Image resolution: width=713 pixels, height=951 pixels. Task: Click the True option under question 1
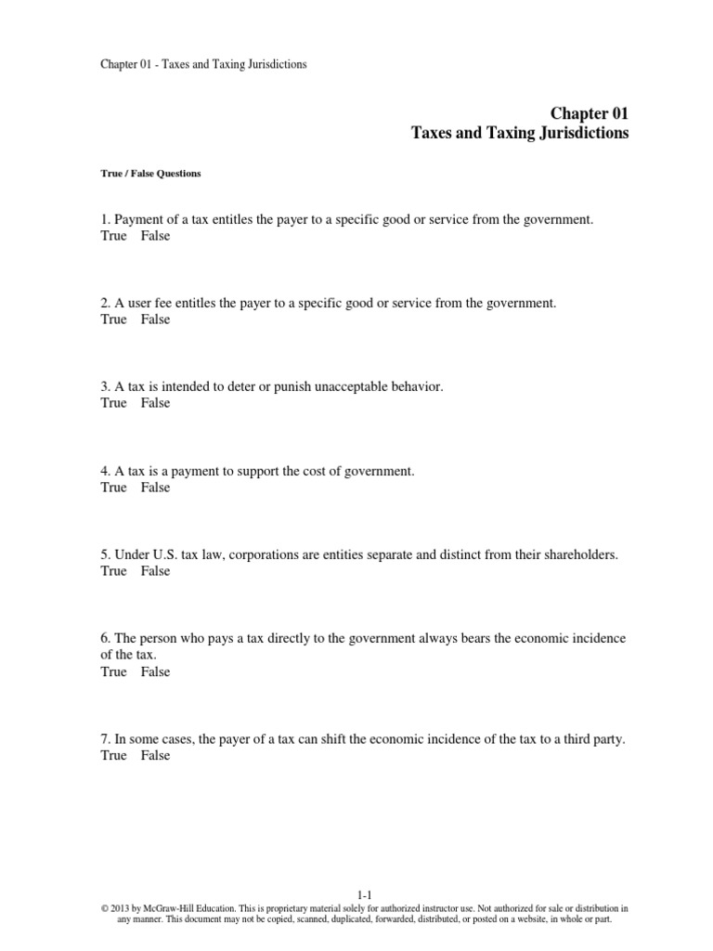click(x=113, y=236)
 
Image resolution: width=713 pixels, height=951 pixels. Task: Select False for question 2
click(x=156, y=319)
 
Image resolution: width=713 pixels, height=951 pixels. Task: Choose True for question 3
click(x=113, y=403)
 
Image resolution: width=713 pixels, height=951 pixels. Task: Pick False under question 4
click(x=156, y=488)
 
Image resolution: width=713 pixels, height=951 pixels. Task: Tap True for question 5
click(x=113, y=571)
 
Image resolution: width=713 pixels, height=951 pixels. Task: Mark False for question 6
click(x=156, y=671)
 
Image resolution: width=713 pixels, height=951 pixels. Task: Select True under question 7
click(x=113, y=756)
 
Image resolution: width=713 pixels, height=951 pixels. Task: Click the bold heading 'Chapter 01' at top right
click(x=590, y=113)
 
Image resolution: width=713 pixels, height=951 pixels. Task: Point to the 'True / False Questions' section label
click(x=150, y=174)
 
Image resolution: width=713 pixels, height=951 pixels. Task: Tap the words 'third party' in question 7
click(x=591, y=739)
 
